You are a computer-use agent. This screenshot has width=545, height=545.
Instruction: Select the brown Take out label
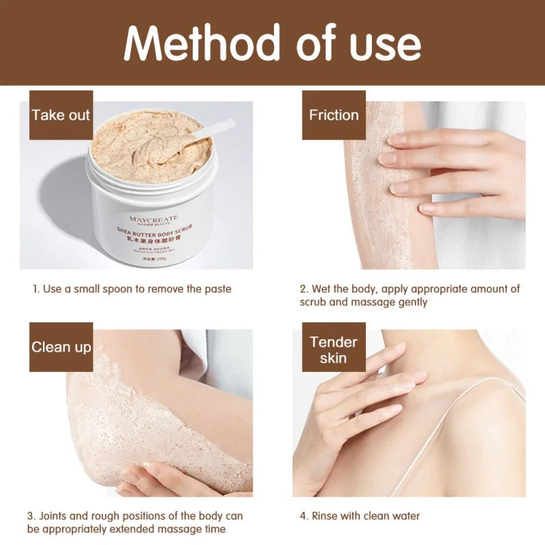click(61, 115)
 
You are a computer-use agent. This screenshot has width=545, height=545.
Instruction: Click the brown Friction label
click(334, 115)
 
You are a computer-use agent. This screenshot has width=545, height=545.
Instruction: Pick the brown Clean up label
click(61, 347)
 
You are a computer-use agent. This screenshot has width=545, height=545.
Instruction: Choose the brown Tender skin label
click(334, 350)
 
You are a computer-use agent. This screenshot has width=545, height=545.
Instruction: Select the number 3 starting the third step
click(31, 516)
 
